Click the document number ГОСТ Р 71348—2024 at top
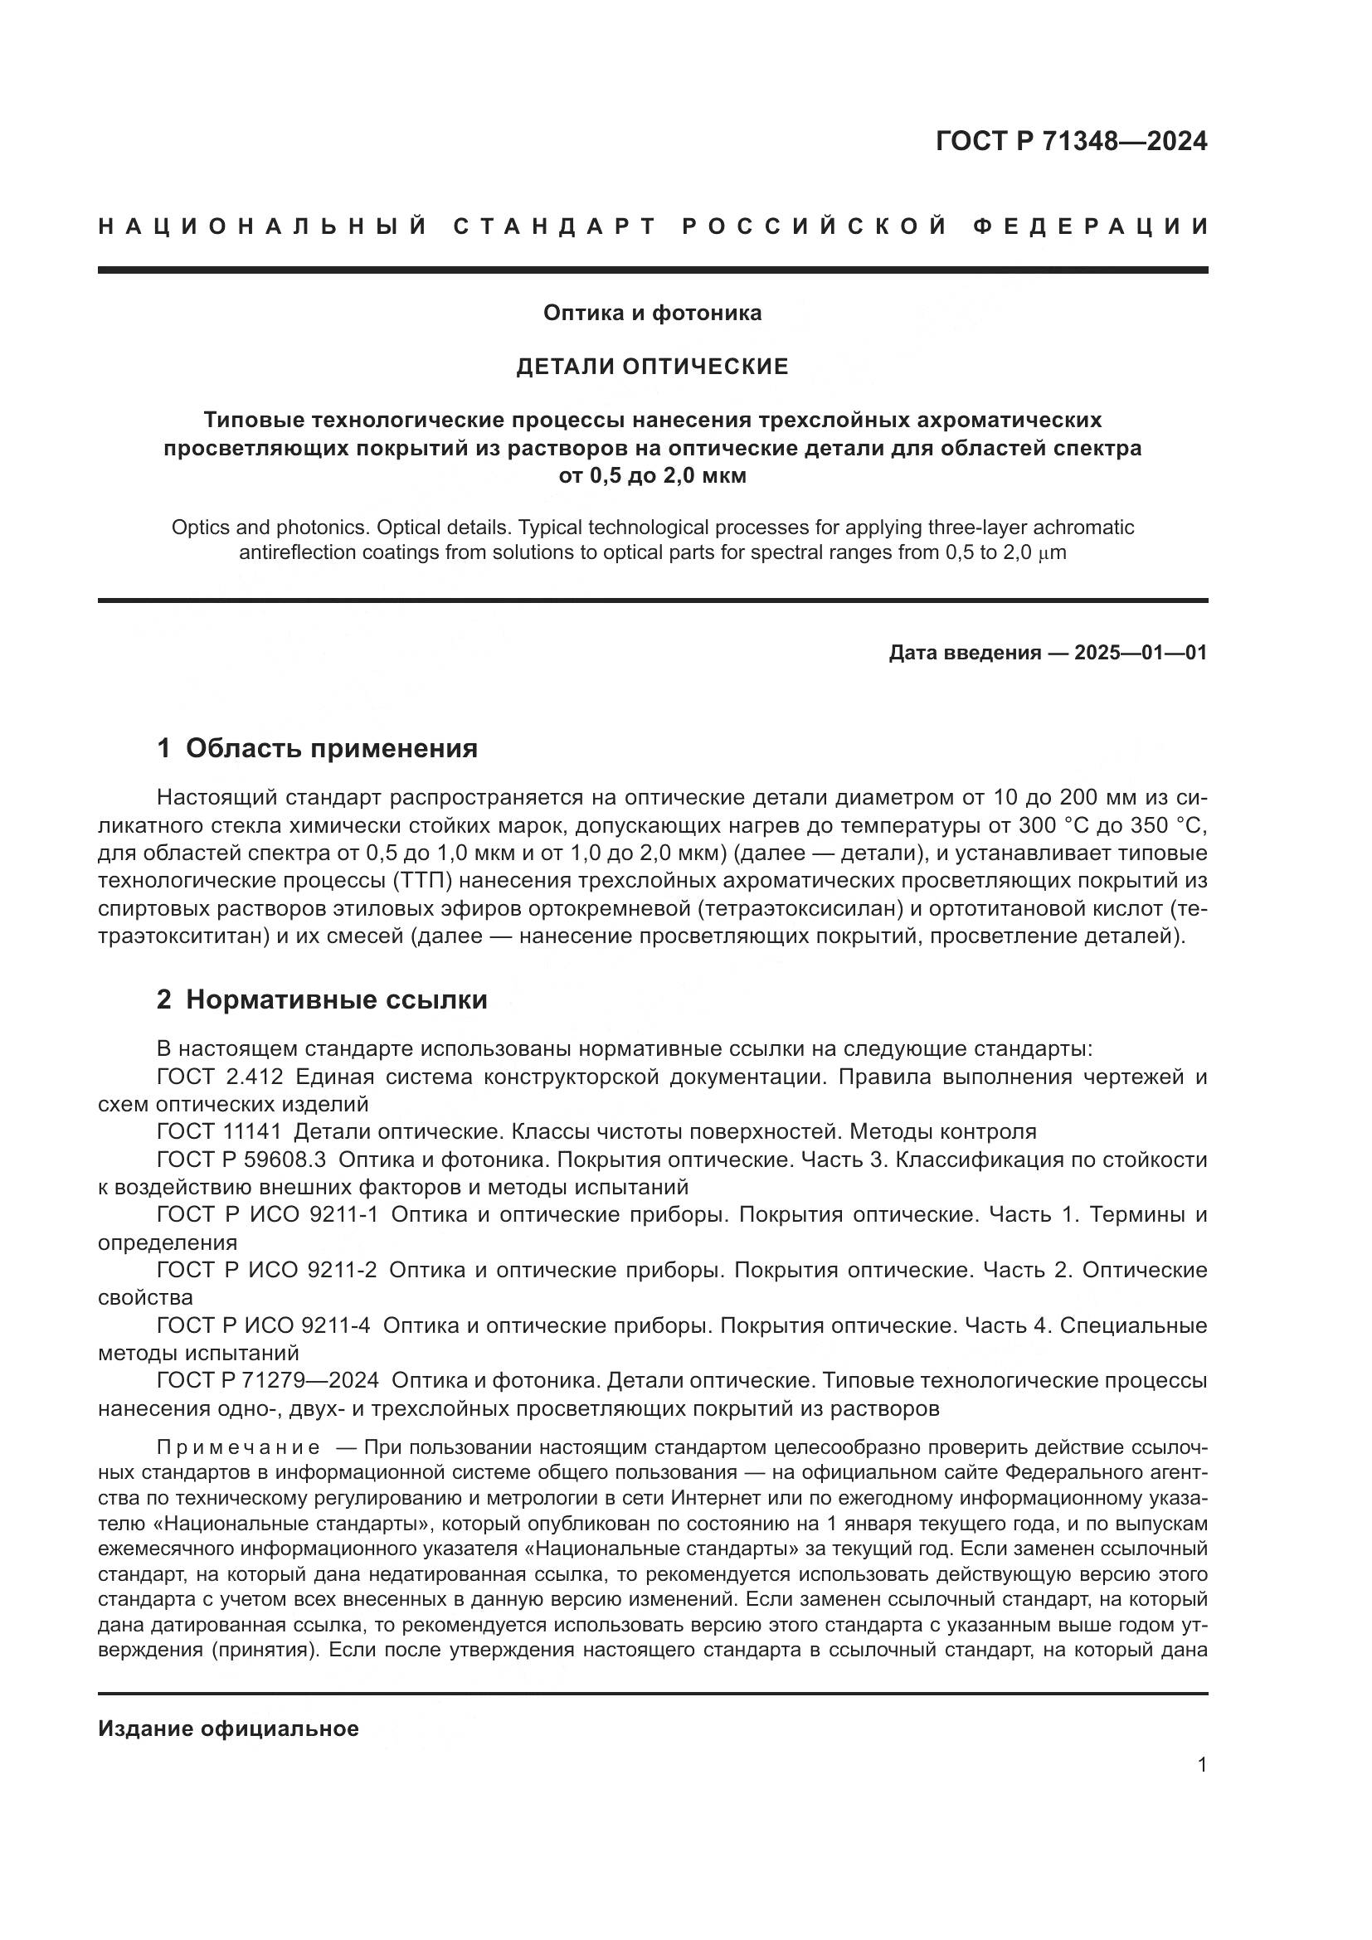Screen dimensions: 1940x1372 1071,141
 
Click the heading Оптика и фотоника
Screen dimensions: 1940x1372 652,313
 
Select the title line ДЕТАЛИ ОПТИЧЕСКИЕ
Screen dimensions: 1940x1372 652,366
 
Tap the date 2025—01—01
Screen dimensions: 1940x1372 1141,652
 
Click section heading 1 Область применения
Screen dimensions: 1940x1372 318,748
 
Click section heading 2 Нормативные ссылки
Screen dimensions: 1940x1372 322,999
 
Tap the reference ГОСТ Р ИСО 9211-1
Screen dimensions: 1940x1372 267,1214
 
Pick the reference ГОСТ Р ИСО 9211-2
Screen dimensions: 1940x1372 267,1270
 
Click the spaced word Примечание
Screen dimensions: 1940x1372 239,1447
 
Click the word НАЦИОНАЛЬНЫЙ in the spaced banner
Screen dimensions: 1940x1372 263,226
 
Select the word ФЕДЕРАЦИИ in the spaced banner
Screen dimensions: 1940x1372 1090,226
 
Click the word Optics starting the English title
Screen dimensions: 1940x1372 200,528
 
